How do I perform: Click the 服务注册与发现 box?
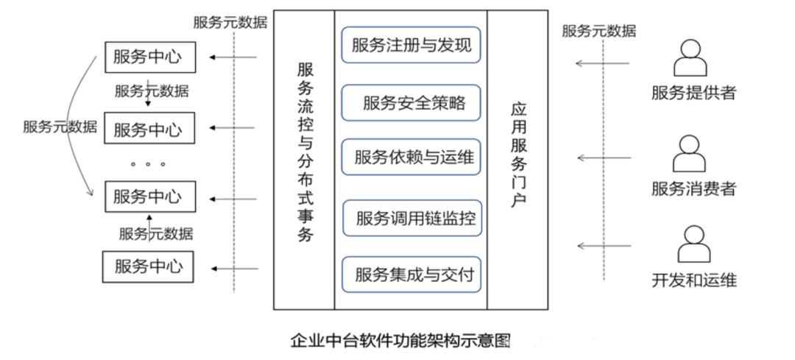411,45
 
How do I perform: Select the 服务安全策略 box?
411,103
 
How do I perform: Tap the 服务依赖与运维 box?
411,158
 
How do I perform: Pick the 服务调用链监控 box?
411,218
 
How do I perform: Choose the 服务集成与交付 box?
411,275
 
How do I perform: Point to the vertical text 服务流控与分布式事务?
305,152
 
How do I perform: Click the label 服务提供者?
693,92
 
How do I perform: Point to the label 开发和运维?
694,280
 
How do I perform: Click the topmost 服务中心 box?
149,57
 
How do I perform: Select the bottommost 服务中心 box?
148,267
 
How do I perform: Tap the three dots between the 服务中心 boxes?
148,164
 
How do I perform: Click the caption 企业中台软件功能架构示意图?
400,339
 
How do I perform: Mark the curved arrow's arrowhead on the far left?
91,192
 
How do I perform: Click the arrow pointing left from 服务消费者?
604,158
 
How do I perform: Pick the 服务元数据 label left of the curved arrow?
60,126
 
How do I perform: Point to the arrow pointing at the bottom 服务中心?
235,269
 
